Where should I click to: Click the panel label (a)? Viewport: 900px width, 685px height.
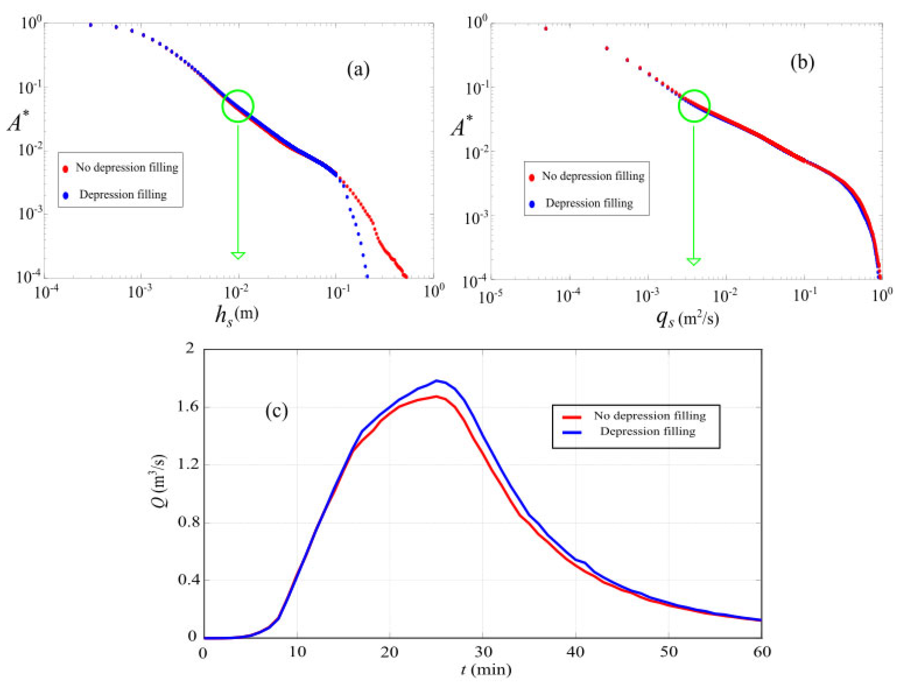[x=358, y=70]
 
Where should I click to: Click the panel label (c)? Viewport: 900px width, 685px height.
[x=276, y=411]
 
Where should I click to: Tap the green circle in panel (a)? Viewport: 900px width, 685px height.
[x=238, y=106]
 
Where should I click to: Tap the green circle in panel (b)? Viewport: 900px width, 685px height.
[x=694, y=106]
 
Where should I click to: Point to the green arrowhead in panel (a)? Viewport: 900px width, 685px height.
[x=238, y=255]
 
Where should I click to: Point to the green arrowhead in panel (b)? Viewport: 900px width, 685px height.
[x=694, y=261]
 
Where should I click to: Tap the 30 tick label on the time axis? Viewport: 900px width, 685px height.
[x=482, y=652]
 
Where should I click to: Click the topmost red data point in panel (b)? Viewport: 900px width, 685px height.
[x=546, y=29]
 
